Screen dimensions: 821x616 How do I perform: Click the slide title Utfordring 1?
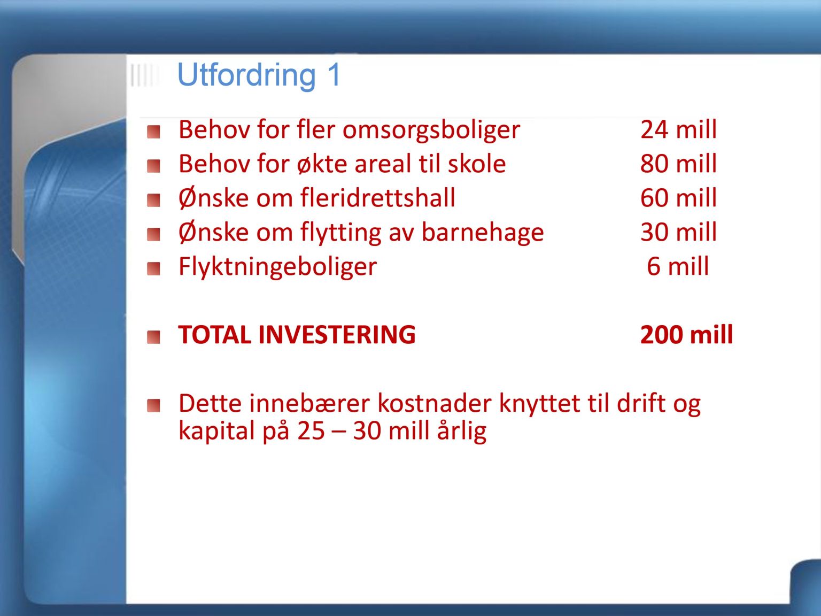click(x=259, y=75)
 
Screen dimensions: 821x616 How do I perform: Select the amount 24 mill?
click(x=678, y=129)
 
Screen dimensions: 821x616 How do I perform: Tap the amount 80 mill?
click(x=678, y=164)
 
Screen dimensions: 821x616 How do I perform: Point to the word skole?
click(x=477, y=164)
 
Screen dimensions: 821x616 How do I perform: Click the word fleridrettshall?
click(x=378, y=197)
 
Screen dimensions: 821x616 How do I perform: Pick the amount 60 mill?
click(x=678, y=197)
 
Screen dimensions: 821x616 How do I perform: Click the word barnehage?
click(x=483, y=232)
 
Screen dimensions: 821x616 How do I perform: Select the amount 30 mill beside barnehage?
click(x=678, y=232)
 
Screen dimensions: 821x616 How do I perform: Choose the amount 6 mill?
click(x=678, y=266)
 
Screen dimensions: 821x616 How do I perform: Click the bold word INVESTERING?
click(x=337, y=334)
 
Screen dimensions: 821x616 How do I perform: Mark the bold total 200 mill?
click(x=686, y=334)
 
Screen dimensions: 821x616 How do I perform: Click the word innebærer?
click(x=309, y=403)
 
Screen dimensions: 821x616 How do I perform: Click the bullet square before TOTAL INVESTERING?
click(x=153, y=337)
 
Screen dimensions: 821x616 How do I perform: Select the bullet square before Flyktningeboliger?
click(x=153, y=268)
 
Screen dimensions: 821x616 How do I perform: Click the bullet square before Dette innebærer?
click(x=153, y=405)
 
